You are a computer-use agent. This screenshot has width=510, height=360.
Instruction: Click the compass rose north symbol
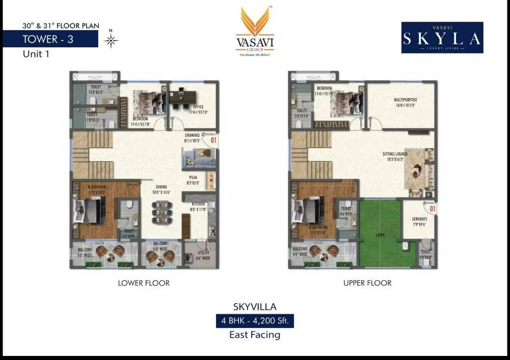click(x=111, y=40)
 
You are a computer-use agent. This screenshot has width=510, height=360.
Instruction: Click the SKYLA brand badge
click(x=442, y=38)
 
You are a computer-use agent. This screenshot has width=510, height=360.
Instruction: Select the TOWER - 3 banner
click(x=48, y=39)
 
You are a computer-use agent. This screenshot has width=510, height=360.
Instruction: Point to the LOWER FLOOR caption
click(x=144, y=283)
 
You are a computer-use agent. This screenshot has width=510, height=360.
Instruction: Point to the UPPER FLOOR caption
click(x=367, y=283)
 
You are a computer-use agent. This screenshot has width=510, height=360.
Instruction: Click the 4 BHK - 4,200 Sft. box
click(x=255, y=321)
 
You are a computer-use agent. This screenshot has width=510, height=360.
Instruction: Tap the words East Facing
click(x=255, y=335)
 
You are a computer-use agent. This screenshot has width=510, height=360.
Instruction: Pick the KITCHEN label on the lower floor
click(x=198, y=204)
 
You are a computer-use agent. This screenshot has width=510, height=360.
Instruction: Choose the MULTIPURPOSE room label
click(x=405, y=101)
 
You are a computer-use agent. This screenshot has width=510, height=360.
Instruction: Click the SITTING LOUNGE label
click(x=396, y=154)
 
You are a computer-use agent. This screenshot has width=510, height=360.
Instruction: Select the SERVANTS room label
click(x=419, y=219)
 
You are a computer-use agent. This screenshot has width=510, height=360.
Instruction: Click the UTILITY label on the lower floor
click(x=203, y=253)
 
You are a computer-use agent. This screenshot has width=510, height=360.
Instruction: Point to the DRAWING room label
click(x=192, y=135)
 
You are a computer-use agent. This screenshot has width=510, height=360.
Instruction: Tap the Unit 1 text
click(x=36, y=55)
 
